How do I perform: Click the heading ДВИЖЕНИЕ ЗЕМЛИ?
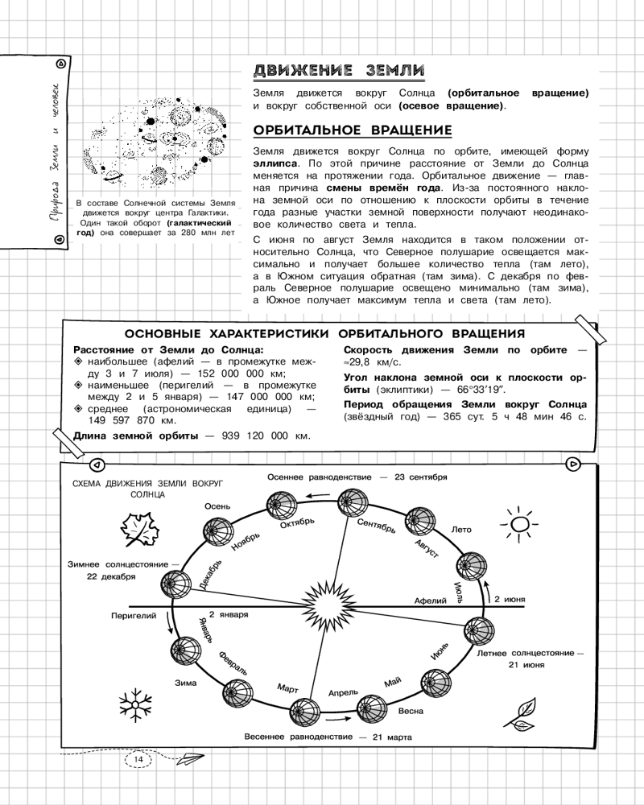(339, 70)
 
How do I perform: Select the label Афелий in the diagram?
(429, 601)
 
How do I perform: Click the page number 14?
(138, 760)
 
